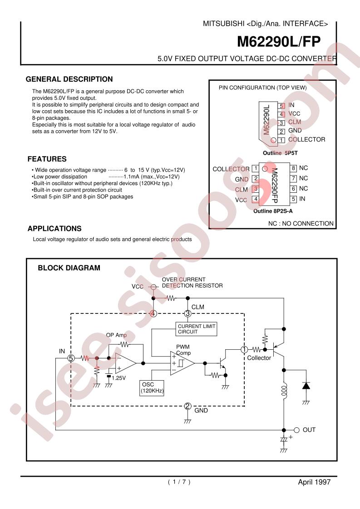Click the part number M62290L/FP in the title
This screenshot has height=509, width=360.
point(279,42)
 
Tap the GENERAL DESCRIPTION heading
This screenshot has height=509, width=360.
point(69,79)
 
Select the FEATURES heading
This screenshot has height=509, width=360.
point(47,159)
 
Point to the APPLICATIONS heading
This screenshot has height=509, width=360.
point(54,229)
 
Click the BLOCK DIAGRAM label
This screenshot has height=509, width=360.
point(69,268)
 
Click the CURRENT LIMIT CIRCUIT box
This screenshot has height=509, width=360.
point(196,329)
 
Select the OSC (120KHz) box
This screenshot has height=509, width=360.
point(152,387)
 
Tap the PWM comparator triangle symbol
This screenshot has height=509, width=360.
point(182,363)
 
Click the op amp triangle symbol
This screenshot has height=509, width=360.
point(126,363)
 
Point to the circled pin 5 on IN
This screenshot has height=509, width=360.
point(71,358)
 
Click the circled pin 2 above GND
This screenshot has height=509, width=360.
point(187,406)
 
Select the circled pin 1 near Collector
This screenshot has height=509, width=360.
point(244,350)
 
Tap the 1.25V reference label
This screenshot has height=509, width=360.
point(118,378)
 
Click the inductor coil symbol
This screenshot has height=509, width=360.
point(284,391)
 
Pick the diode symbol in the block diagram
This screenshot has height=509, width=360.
point(306,386)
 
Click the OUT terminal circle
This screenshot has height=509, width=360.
point(296,430)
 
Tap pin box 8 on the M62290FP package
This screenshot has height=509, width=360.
point(293,168)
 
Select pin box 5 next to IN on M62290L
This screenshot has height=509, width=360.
point(281,106)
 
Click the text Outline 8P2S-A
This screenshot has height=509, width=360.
point(273,211)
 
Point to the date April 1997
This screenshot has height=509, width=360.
point(314,482)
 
